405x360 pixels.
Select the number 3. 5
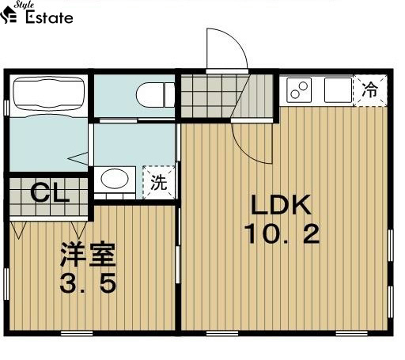point(88,282)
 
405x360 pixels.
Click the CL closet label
point(48,191)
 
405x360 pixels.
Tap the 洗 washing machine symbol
point(159,184)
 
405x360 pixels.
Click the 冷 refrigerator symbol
point(369,89)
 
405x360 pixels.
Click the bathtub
point(49,94)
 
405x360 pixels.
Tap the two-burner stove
point(300,89)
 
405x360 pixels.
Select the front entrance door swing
point(225,51)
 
